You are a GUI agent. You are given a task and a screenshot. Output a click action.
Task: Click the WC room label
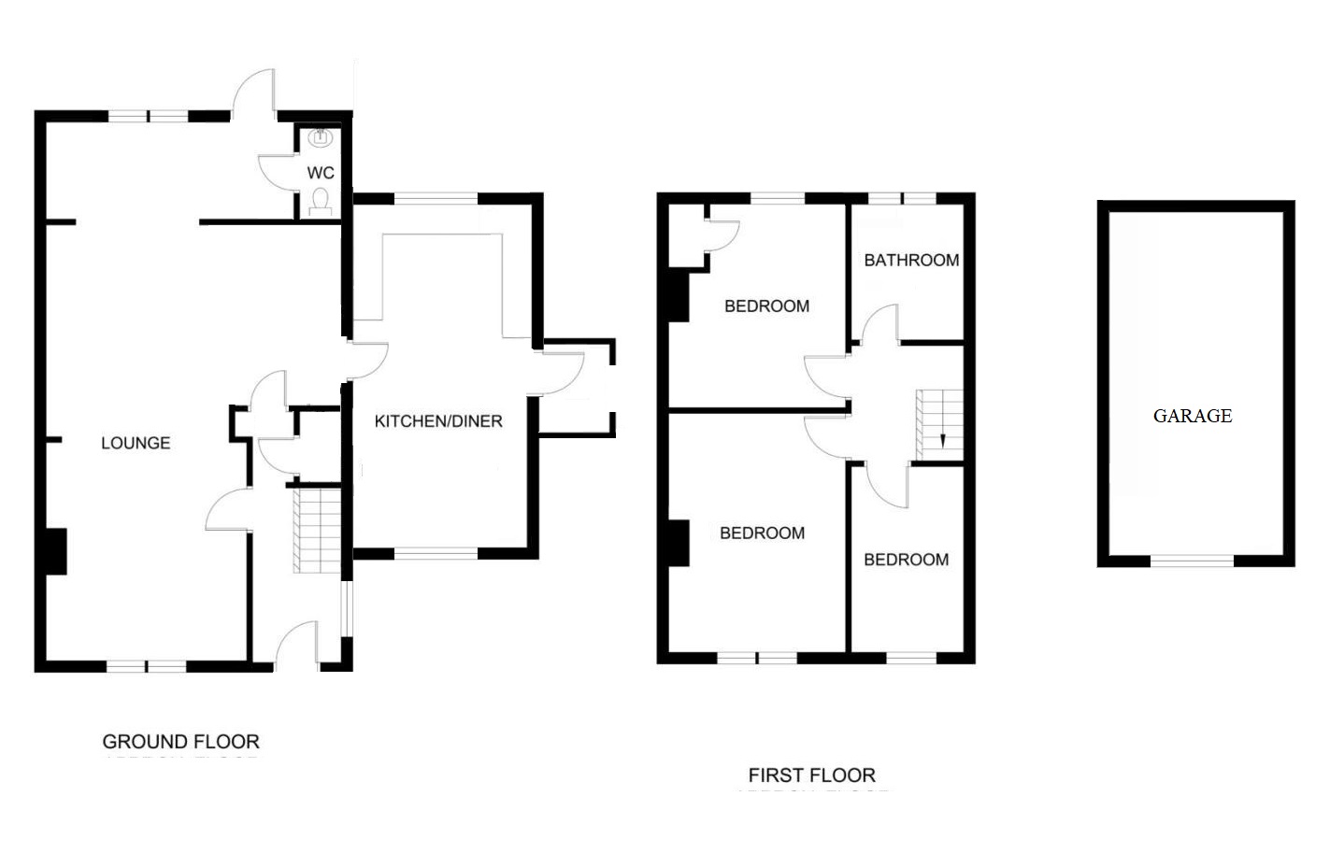(x=321, y=173)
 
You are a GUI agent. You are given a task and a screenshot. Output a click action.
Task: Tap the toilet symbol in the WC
(x=321, y=200)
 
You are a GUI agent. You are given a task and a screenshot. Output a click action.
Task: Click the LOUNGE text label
(x=136, y=443)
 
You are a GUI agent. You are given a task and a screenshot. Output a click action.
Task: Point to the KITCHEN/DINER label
(x=438, y=421)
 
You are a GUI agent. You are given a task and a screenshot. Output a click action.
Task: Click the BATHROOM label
(x=911, y=261)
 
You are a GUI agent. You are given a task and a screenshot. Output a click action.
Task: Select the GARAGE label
(x=1192, y=416)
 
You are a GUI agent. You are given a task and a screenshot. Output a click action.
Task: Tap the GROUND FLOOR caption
(x=180, y=742)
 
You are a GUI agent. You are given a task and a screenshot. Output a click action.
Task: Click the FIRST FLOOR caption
(x=811, y=775)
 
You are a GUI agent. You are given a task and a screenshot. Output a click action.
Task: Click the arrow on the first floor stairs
(x=942, y=440)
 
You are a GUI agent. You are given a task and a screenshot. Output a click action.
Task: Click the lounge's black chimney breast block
(x=54, y=551)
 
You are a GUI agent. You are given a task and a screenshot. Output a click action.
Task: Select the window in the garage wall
(x=1192, y=561)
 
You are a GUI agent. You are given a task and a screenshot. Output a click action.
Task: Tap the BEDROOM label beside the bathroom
(x=766, y=306)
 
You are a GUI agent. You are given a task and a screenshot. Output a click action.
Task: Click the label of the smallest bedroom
(x=906, y=560)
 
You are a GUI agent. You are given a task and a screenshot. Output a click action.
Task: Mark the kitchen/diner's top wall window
(x=436, y=198)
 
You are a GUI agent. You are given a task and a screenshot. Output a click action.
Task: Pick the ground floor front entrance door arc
(x=296, y=640)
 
